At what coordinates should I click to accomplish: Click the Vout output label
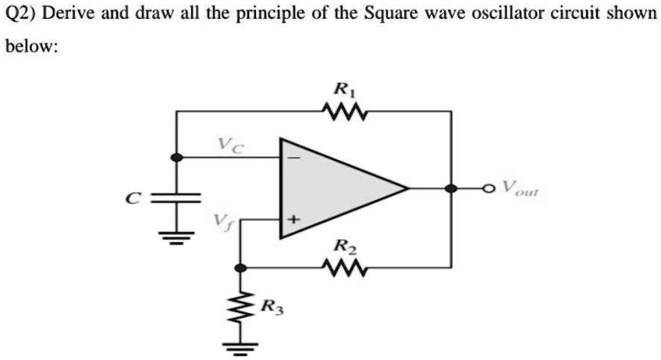pos(521,188)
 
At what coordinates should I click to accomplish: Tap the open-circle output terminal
pos(490,188)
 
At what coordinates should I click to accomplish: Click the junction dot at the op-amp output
pos(450,188)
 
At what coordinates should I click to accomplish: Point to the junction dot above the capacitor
pos(177,157)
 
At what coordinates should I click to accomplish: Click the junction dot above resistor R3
pos(242,268)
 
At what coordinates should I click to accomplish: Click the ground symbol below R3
pos(242,344)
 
